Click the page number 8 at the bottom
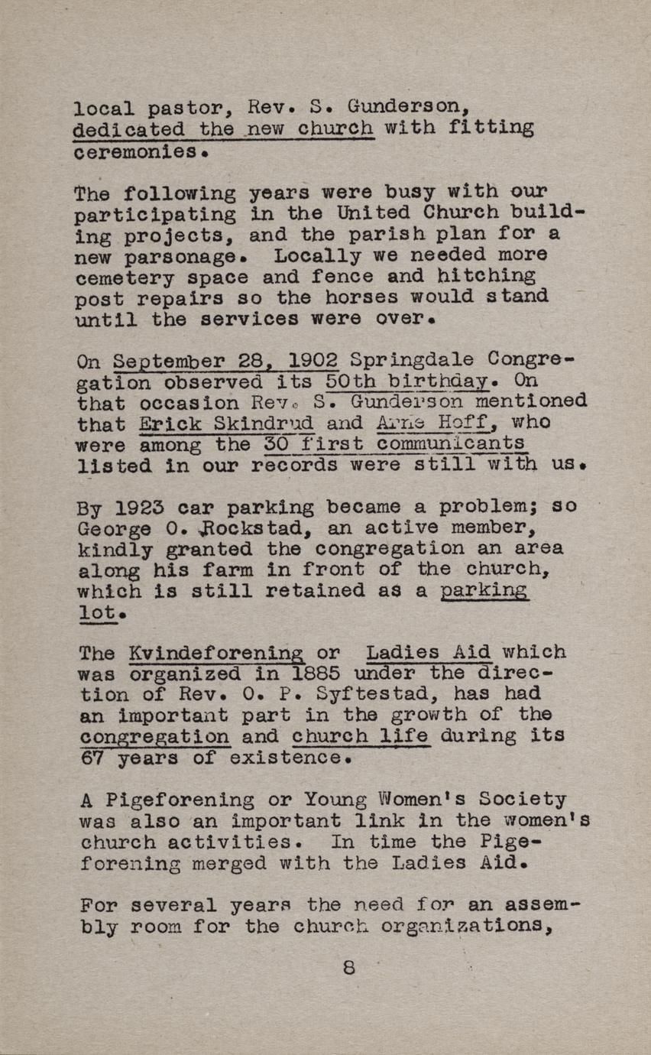click(349, 966)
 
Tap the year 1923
click(143, 508)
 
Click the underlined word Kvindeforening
click(216, 653)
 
